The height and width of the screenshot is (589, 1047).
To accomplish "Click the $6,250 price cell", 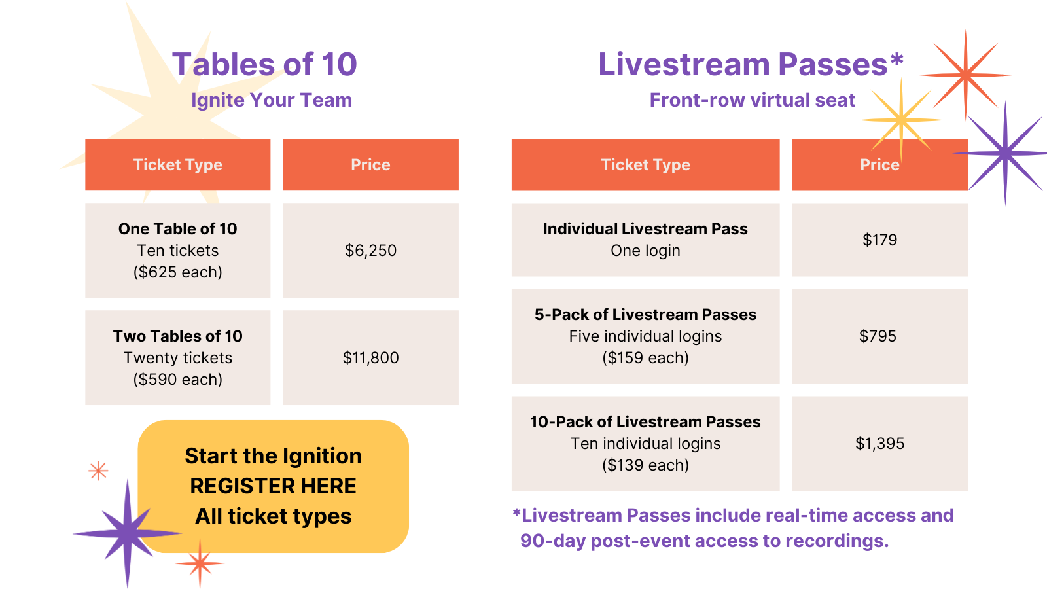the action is (370, 250).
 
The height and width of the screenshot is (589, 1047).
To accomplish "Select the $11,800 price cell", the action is (370, 357).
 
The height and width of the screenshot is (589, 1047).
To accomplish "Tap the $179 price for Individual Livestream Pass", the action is (879, 240).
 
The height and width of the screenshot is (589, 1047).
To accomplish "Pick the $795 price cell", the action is (879, 336).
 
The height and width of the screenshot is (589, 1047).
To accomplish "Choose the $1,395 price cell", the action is (879, 443).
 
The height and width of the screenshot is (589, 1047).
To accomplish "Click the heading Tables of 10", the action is (264, 64).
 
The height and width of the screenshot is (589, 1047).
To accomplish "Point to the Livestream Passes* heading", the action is (751, 64).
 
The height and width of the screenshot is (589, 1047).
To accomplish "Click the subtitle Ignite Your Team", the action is (272, 100).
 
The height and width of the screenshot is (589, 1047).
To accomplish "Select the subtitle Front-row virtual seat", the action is (753, 100).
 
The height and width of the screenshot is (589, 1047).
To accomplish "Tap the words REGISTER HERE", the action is (273, 486).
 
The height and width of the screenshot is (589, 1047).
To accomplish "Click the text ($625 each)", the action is (177, 272).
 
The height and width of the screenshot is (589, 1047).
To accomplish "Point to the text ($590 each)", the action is (177, 379).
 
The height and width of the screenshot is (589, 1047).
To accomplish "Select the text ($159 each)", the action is (645, 357).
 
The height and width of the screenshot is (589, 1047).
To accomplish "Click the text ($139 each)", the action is (645, 465).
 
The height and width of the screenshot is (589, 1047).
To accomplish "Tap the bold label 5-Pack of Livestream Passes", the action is (645, 315).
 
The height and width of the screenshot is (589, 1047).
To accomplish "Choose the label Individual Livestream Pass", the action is (645, 228).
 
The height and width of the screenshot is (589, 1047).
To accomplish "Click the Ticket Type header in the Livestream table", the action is (645, 164).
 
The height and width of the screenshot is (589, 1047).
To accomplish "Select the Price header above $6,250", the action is (370, 164).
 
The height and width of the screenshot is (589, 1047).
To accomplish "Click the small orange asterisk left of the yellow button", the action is (98, 471).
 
